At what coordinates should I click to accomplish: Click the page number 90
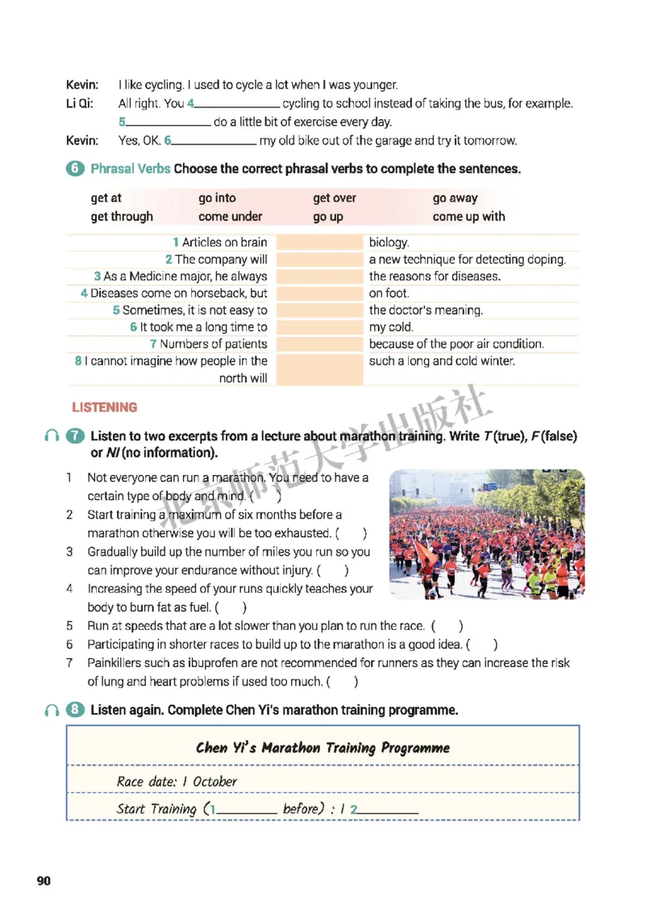pyautogui.click(x=44, y=880)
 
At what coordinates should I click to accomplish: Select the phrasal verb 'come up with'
pyautogui.click(x=468, y=216)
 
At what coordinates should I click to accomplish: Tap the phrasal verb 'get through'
pyautogui.click(x=122, y=216)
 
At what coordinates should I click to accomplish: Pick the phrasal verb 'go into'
pyautogui.click(x=217, y=198)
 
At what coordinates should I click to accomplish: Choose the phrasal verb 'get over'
pyautogui.click(x=335, y=198)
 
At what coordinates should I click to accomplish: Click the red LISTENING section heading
pyautogui.click(x=105, y=407)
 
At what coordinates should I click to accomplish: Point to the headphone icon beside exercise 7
pyautogui.click(x=52, y=436)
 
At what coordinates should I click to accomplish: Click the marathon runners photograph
pyautogui.click(x=486, y=534)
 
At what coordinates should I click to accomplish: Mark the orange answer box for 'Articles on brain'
pyautogui.click(x=320, y=242)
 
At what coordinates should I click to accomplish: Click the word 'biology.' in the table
pyautogui.click(x=389, y=242)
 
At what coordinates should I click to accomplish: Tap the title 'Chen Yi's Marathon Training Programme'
pyautogui.click(x=322, y=748)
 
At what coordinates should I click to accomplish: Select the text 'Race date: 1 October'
pyautogui.click(x=177, y=781)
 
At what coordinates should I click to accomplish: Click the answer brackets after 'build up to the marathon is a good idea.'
pyautogui.click(x=482, y=645)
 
